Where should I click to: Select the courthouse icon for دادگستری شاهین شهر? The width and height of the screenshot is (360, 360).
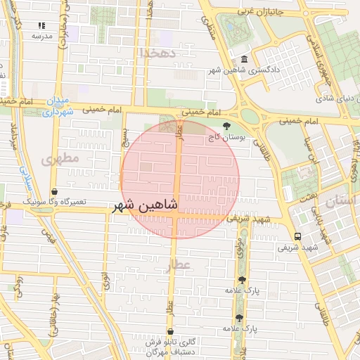click(244, 60)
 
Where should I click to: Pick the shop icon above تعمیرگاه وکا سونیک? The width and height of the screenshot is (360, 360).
click(54, 191)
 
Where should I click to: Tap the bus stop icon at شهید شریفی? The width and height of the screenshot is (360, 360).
click(297, 236)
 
